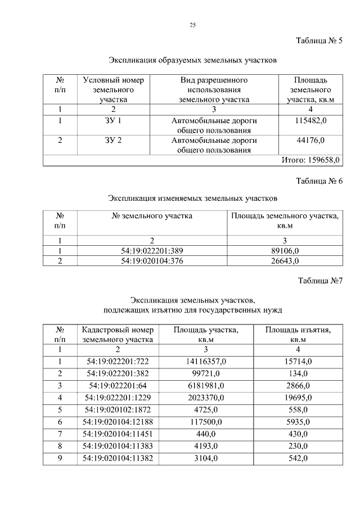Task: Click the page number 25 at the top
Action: click(192, 25)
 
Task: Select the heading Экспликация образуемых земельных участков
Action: click(192, 59)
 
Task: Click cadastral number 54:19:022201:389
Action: click(152, 251)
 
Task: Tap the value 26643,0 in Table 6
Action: click(285, 261)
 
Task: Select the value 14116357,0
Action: click(205, 361)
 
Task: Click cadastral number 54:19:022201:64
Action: click(118, 385)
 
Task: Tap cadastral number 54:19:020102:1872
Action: click(118, 409)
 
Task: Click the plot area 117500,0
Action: click(205, 422)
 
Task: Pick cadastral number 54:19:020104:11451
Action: click(118, 434)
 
